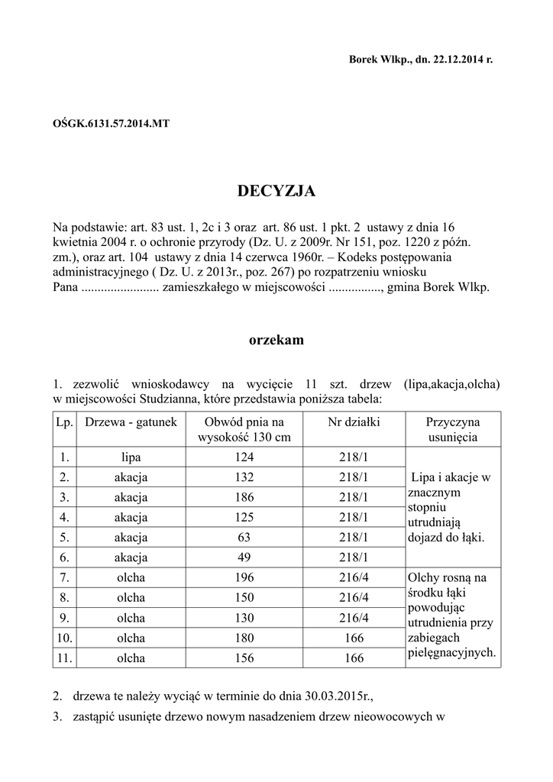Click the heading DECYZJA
pyautogui.click(x=276, y=191)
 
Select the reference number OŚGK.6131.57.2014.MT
pyautogui.click(x=111, y=123)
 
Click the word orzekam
pyautogui.click(x=276, y=341)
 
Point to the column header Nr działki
pyautogui.click(x=354, y=422)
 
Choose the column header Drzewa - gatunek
pyautogui.click(x=131, y=422)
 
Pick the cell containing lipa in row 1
pyautogui.click(x=131, y=457)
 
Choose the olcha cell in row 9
pyautogui.click(x=131, y=617)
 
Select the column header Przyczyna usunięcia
pyautogui.click(x=452, y=430)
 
